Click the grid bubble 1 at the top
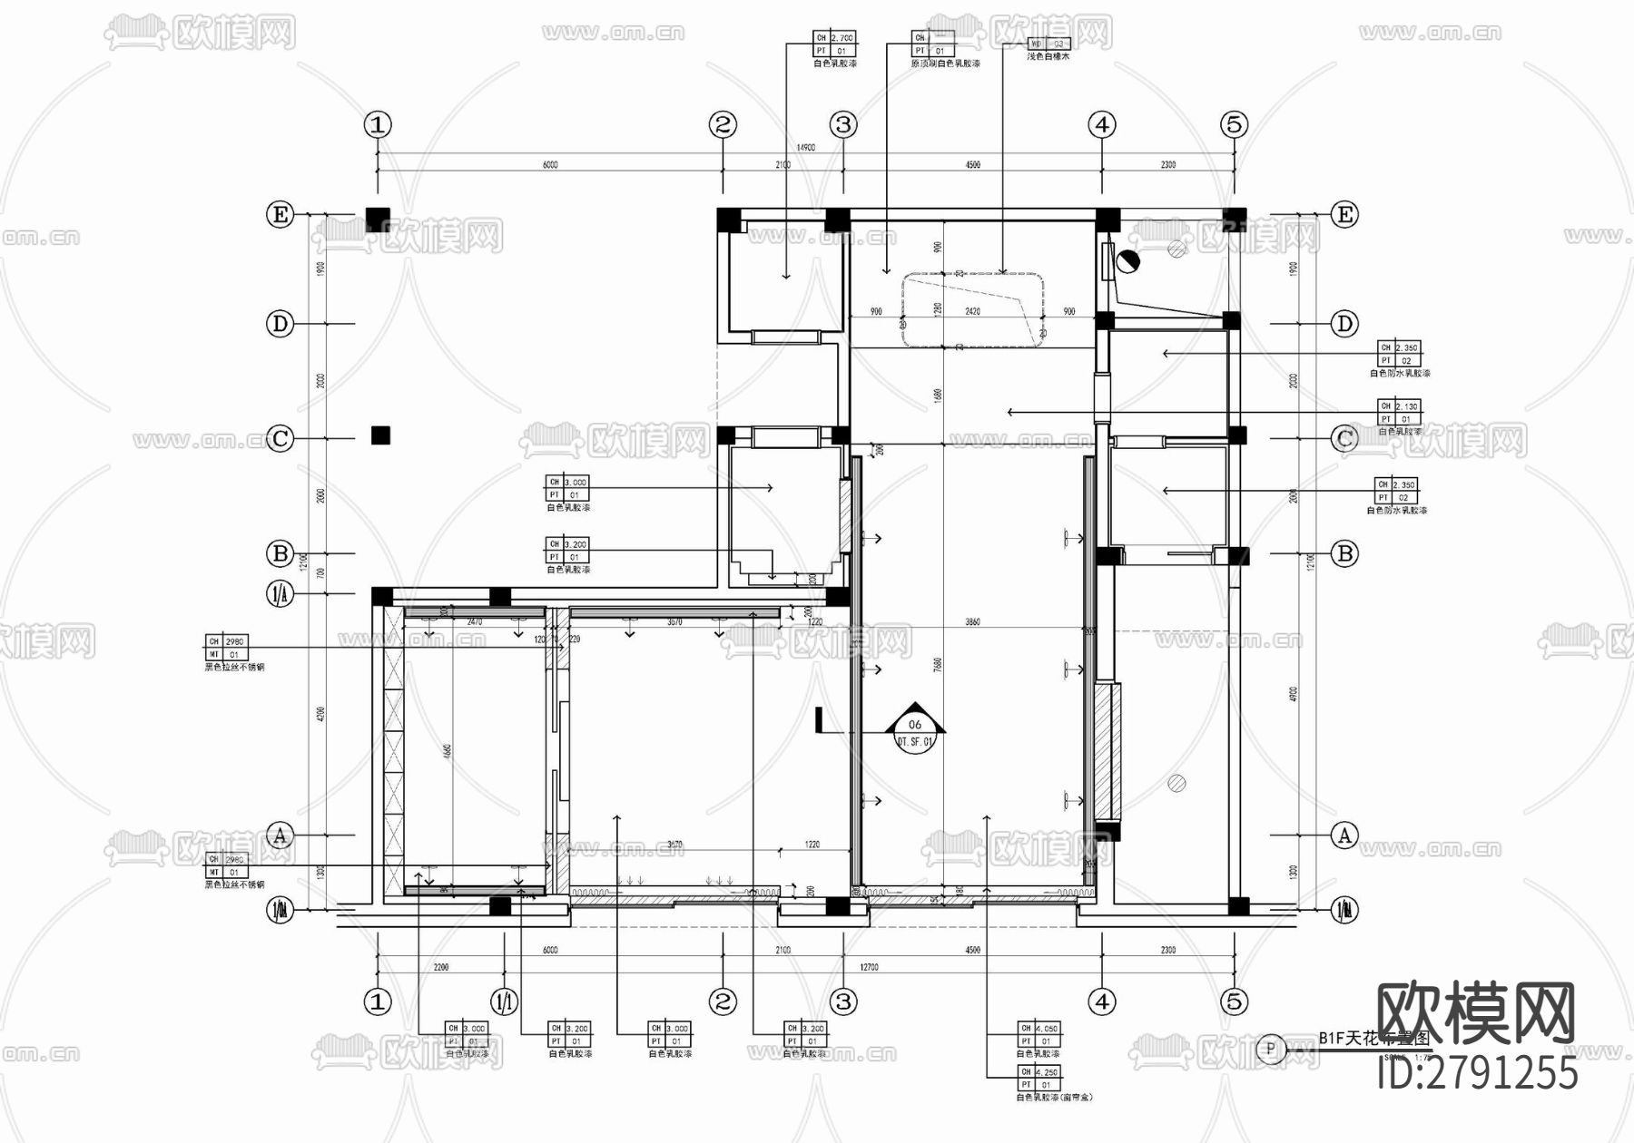[x=378, y=124]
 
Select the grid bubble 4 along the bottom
[x=1102, y=1001]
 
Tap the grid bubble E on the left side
[x=280, y=215]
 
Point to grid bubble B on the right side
[x=1344, y=553]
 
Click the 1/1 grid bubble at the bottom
[x=505, y=1001]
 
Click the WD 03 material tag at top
[x=1048, y=44]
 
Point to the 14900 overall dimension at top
[x=805, y=148]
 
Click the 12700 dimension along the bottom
[x=869, y=968]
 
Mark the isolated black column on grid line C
[x=380, y=436]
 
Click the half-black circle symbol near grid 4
[x=1127, y=262]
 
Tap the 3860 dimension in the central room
[x=972, y=622]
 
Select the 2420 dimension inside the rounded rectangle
[x=972, y=311]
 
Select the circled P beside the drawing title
[x=1270, y=1049]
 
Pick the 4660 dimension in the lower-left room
[x=448, y=753]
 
